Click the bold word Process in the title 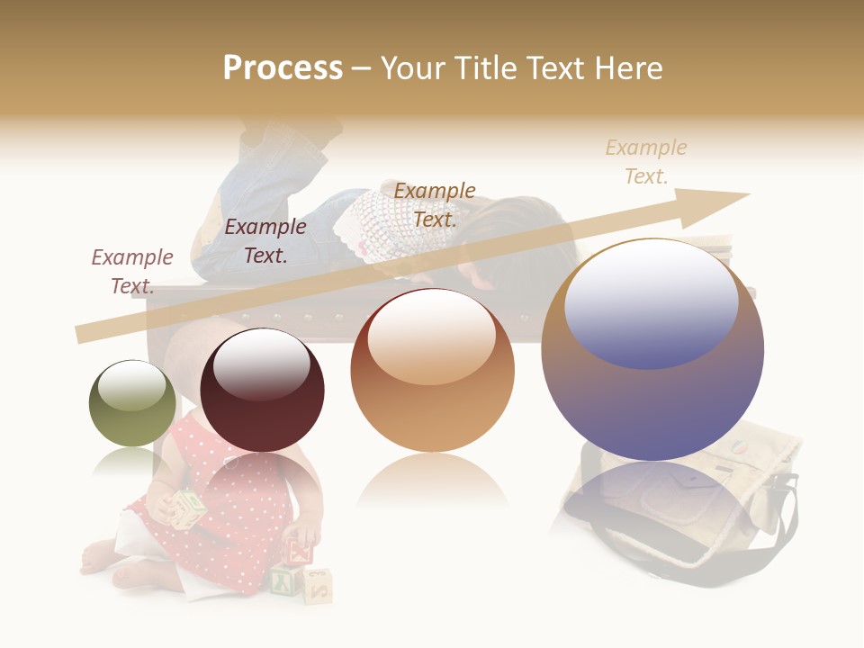(283, 67)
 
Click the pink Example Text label (132, 271)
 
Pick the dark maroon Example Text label (265, 240)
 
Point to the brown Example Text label (435, 204)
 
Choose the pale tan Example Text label (645, 162)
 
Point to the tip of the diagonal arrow (747, 194)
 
